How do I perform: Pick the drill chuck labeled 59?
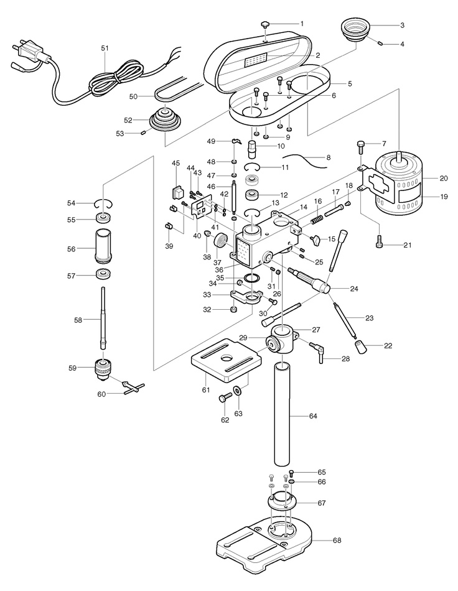click(103, 369)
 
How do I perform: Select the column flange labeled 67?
click(285, 501)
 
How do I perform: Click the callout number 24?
click(354, 289)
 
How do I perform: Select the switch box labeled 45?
click(176, 189)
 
